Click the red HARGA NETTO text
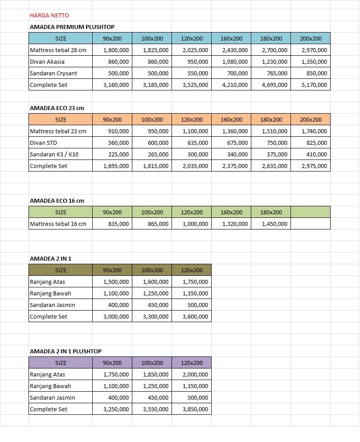click(49, 15)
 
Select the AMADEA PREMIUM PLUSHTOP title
click(72, 27)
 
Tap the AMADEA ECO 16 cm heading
click(57, 201)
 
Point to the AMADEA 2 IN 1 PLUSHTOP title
click(65, 351)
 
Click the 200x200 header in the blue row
click(311, 38)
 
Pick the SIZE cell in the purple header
click(61, 363)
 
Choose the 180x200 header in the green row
click(271, 212)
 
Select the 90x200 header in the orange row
click(112, 119)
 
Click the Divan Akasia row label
click(47, 61)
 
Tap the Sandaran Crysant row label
click(53, 73)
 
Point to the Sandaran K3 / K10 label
click(54, 154)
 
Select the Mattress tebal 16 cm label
click(58, 224)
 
